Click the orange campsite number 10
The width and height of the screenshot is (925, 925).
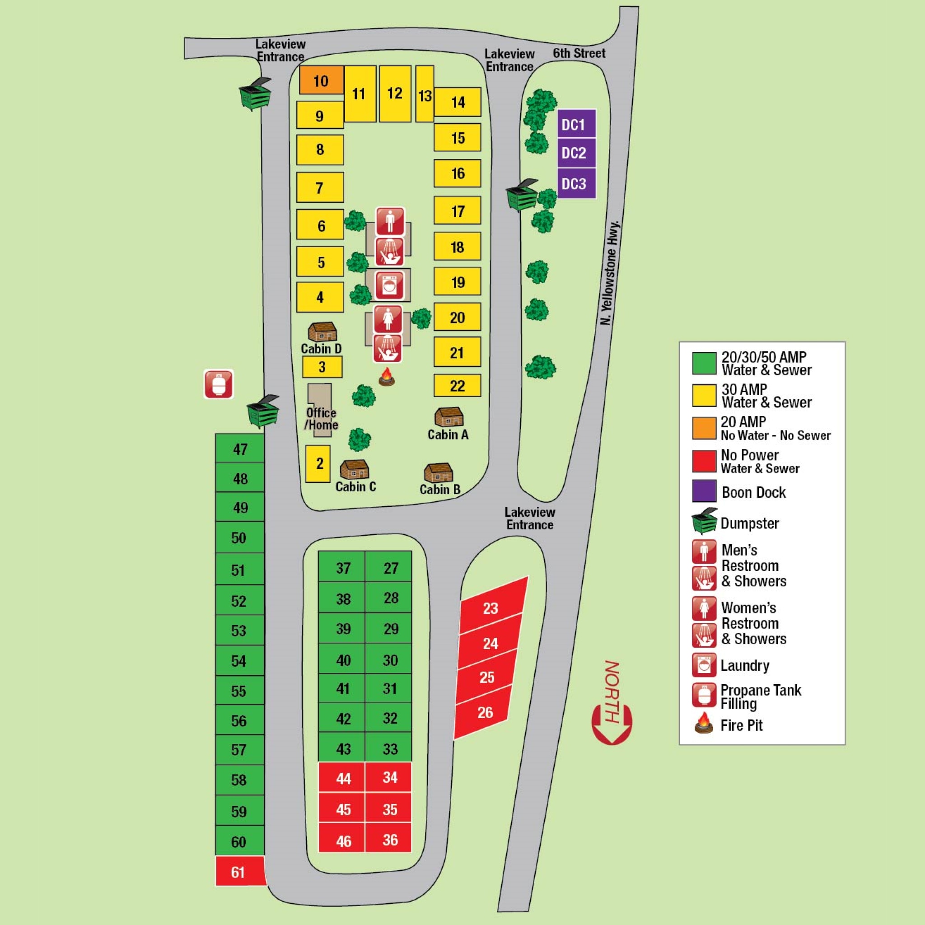(x=321, y=80)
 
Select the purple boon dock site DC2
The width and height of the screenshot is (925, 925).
(x=576, y=153)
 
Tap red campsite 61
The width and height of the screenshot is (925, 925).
(x=239, y=872)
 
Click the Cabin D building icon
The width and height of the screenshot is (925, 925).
(x=322, y=332)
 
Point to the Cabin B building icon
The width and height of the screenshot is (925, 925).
(x=438, y=472)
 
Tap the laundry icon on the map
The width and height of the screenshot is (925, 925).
(x=389, y=285)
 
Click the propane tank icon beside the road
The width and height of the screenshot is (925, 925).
(x=218, y=384)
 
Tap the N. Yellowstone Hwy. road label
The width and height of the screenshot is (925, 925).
(x=610, y=273)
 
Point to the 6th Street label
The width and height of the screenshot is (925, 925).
(x=579, y=53)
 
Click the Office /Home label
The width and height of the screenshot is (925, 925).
(x=321, y=418)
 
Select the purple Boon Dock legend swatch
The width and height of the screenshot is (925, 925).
(x=704, y=491)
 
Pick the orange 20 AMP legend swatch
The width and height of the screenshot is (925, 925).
(x=704, y=428)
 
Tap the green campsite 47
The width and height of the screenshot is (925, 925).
(x=240, y=448)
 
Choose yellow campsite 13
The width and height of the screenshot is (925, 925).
(x=425, y=95)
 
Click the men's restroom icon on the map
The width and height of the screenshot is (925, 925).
(x=390, y=221)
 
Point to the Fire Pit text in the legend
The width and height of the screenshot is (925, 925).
(x=741, y=725)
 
